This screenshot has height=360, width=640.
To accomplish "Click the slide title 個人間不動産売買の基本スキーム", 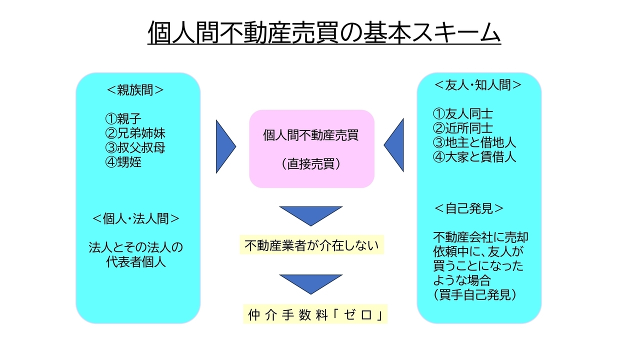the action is coord(324,32).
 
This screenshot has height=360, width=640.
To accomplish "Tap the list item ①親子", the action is coord(123,118).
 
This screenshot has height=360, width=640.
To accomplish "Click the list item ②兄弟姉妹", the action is coord(135,133).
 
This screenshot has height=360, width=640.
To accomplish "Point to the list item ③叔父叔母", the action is coord(135,147).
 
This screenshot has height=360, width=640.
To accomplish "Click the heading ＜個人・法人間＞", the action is coord(136,219).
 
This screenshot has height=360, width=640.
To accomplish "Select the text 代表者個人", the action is coord(135,261).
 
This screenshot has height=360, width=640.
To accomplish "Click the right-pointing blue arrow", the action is coord(225,146).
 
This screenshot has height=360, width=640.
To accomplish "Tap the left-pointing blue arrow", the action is coord(394,145).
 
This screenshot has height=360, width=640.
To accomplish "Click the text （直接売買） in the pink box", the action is coord(311,164).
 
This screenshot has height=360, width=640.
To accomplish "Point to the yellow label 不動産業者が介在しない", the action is coord(311,245).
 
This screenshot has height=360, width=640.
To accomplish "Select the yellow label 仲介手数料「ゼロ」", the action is coord(315,314).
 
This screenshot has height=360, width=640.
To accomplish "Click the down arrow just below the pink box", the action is coord(311,216).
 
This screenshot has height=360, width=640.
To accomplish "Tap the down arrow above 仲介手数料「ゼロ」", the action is coord(311,284).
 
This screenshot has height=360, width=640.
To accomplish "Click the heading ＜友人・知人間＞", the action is coord(477,85).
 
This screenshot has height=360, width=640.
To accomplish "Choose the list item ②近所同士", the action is coord(462,128).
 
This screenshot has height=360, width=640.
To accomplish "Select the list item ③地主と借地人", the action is coord(474,142).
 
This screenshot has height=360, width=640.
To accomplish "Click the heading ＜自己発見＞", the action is coord(468,208).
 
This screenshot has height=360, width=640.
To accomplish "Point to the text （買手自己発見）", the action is coord(475,295).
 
